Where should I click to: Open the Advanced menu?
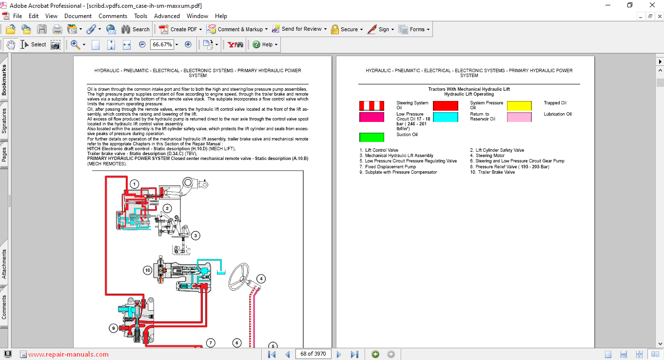click(x=167, y=16)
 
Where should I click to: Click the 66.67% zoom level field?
click(x=162, y=44)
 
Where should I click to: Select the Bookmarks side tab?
click(x=4, y=80)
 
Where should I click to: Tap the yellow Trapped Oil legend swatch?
click(x=519, y=106)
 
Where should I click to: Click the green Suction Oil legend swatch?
click(x=371, y=137)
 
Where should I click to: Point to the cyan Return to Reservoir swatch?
click(x=446, y=117)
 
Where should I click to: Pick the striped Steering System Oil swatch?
click(x=371, y=106)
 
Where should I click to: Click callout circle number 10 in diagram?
click(x=147, y=270)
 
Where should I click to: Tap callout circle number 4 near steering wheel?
click(x=261, y=279)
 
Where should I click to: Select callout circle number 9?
click(x=114, y=328)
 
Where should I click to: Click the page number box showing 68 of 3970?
click(x=313, y=354)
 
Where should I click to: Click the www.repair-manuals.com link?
click(x=68, y=355)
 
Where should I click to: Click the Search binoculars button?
click(x=136, y=29)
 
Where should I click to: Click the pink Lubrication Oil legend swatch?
click(x=519, y=117)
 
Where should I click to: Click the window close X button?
click(x=652, y=5)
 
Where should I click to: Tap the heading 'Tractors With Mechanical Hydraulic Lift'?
click(x=469, y=89)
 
